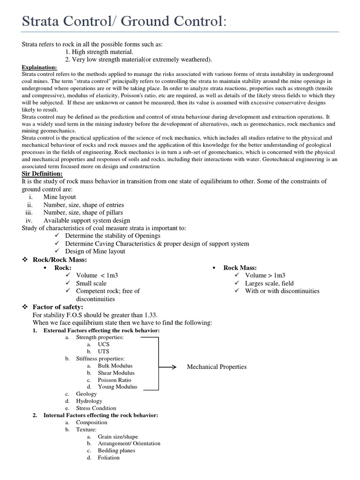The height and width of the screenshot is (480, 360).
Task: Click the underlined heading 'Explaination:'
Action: pos(39,67)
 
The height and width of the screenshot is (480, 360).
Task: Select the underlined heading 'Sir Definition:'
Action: pos(43,173)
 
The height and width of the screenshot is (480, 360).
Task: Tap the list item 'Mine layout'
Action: pos(60,197)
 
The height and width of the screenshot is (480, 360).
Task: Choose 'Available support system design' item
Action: pos(87,220)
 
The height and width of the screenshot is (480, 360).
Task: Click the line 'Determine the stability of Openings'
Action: pos(112,236)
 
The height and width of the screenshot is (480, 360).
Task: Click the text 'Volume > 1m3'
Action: pos(265,276)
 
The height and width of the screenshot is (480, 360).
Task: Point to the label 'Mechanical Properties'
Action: pos(217,367)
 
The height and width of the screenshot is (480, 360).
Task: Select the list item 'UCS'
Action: pos(104,344)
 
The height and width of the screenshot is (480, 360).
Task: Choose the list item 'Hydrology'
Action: pos(89,401)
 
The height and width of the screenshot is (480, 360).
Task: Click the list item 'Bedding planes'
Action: pos(116,450)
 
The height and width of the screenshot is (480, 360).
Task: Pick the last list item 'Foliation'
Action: pos(108,458)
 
